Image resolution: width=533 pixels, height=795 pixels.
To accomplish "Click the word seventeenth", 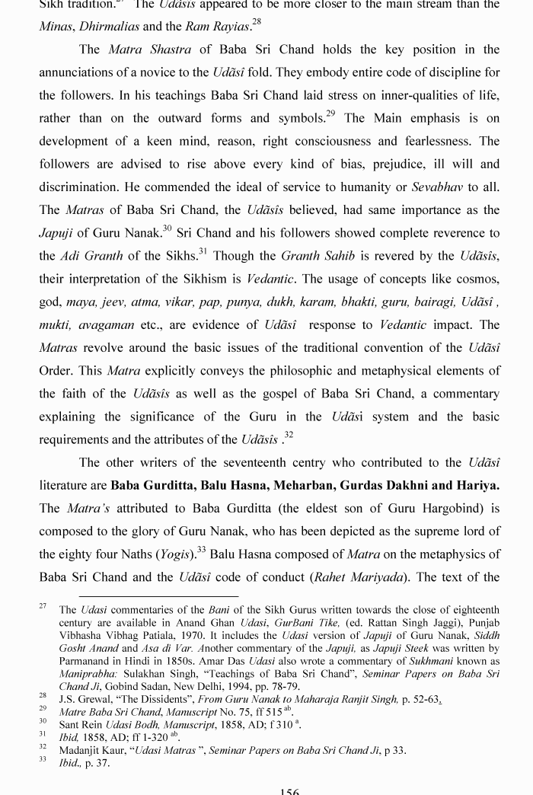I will click(239, 462).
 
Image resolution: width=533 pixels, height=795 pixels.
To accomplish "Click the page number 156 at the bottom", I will click(289, 791).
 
